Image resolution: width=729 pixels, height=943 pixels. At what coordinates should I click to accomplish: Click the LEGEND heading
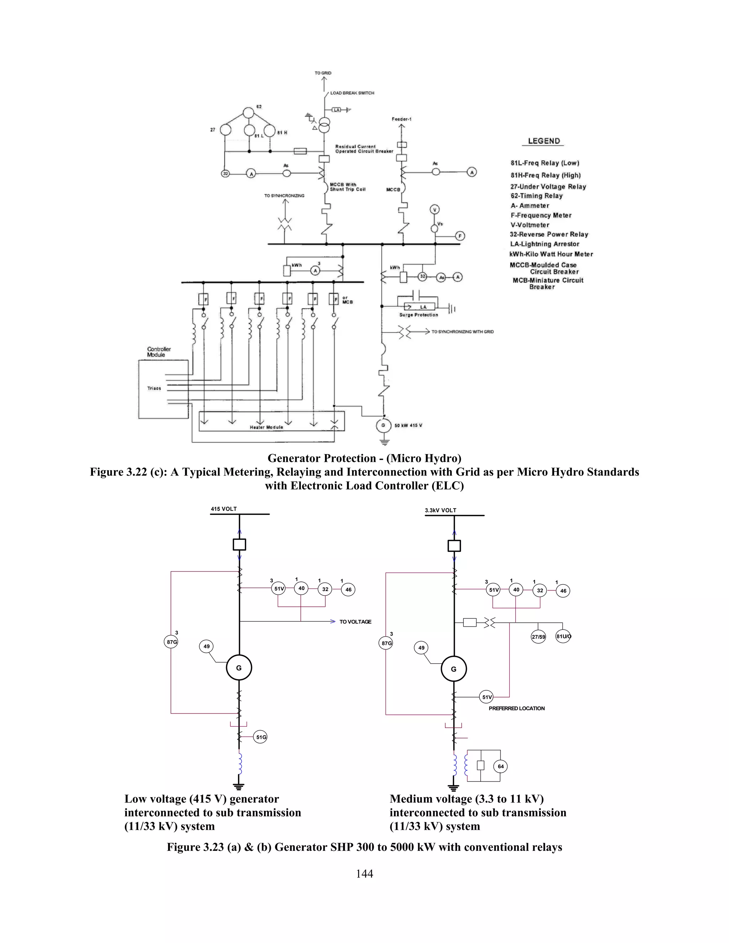[x=544, y=141]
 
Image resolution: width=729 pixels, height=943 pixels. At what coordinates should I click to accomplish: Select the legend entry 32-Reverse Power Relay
[x=549, y=235]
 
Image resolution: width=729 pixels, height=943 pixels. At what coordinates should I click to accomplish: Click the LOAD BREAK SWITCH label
[x=352, y=93]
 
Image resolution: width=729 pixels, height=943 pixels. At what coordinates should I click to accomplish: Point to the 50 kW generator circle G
[x=383, y=425]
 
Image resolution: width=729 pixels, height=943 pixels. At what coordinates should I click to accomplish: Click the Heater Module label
[x=267, y=427]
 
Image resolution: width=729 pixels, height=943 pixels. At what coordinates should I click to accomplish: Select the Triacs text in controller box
[x=154, y=388]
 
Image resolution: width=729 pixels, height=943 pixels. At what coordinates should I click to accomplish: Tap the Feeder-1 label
[x=402, y=119]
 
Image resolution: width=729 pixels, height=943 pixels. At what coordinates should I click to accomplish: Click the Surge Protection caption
[x=419, y=315]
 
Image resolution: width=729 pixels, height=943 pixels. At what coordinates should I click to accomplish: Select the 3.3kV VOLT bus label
[x=441, y=510]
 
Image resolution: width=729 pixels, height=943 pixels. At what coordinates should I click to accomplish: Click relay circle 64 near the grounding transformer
[x=500, y=766]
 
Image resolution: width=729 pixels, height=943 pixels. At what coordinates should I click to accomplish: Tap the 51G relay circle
[x=261, y=737]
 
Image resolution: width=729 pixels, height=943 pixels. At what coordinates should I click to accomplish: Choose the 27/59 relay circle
[x=538, y=637]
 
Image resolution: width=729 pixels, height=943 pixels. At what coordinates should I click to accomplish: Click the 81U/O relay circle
[x=563, y=637]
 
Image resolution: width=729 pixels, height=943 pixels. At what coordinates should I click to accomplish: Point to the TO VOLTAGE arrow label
[x=355, y=622]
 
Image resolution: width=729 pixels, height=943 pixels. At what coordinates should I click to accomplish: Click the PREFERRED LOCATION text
[x=516, y=708]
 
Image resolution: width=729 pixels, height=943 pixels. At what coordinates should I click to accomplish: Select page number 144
[x=364, y=874]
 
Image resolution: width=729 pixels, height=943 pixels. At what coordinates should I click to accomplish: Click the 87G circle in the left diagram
[x=172, y=642]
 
